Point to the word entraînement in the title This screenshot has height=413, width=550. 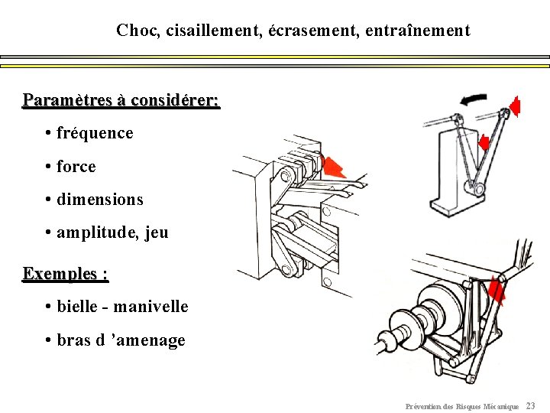coord(418,31)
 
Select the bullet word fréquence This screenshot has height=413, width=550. coord(95,133)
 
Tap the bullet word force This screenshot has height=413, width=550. coord(76,167)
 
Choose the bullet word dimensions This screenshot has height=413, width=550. coord(99,200)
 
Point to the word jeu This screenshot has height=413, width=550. coord(155,233)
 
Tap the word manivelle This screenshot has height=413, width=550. coord(155,307)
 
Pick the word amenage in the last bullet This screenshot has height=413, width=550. coord(153,340)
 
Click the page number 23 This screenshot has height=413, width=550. coord(531,406)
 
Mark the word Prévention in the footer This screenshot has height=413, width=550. coord(422,406)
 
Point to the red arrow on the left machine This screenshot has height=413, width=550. coord(333,166)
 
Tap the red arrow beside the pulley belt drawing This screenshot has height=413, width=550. coord(497,291)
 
